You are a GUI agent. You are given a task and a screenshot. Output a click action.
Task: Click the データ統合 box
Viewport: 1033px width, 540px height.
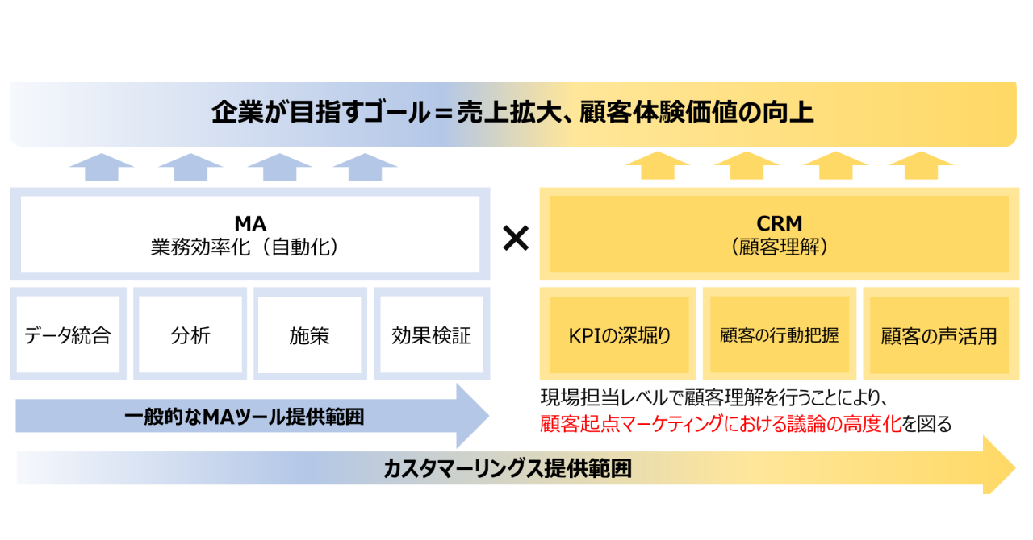point(68,335)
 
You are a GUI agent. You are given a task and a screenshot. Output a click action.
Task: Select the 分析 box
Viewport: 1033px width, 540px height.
point(190,335)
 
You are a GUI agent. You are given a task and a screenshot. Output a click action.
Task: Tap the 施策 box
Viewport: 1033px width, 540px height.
point(309,335)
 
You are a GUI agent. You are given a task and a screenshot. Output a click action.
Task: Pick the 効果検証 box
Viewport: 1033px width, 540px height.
point(431,335)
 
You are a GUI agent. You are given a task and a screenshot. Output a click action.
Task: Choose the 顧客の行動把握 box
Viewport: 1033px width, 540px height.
point(779,335)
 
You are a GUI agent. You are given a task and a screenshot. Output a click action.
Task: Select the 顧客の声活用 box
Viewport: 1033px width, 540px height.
point(939,335)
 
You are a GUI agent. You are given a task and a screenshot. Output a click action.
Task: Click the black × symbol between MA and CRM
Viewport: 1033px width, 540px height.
point(515,238)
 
